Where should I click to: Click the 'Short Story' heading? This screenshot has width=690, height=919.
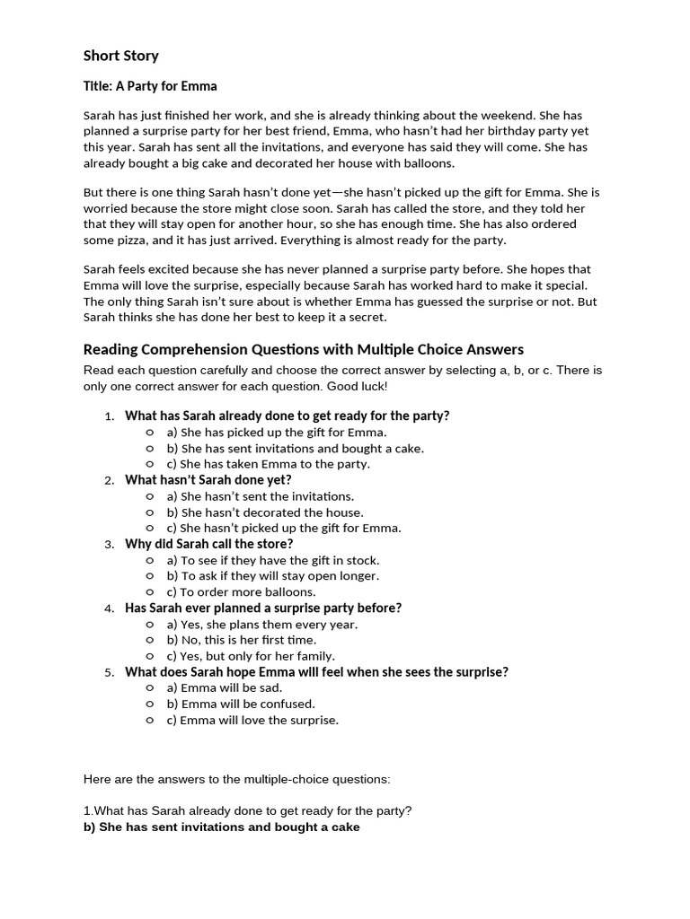click(x=120, y=56)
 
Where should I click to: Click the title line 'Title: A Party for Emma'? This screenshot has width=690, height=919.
click(x=150, y=86)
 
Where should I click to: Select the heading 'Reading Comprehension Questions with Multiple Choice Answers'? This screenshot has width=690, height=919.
click(x=303, y=349)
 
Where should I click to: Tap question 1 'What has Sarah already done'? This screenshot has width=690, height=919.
click(x=287, y=416)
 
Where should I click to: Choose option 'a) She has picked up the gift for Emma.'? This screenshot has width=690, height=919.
click(x=277, y=432)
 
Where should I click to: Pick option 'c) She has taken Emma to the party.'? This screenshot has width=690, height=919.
click(x=268, y=464)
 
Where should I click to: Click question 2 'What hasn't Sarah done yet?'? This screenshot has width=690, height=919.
click(x=208, y=479)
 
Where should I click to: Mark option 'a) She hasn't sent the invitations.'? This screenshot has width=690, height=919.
click(x=261, y=496)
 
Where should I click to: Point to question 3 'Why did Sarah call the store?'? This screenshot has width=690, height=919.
click(x=208, y=544)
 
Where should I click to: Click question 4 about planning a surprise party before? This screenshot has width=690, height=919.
click(x=262, y=608)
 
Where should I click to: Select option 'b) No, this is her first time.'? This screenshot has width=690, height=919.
click(x=242, y=640)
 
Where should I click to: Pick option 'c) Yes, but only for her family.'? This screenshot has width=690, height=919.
click(x=251, y=656)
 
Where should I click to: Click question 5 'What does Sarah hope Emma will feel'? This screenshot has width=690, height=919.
click(x=316, y=671)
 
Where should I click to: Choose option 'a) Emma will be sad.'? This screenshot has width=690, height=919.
click(x=225, y=687)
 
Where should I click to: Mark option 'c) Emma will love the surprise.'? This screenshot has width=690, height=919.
click(x=252, y=720)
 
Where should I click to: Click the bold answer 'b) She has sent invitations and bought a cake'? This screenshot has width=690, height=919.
click(x=221, y=827)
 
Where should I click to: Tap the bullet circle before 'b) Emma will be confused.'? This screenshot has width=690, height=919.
click(x=150, y=705)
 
